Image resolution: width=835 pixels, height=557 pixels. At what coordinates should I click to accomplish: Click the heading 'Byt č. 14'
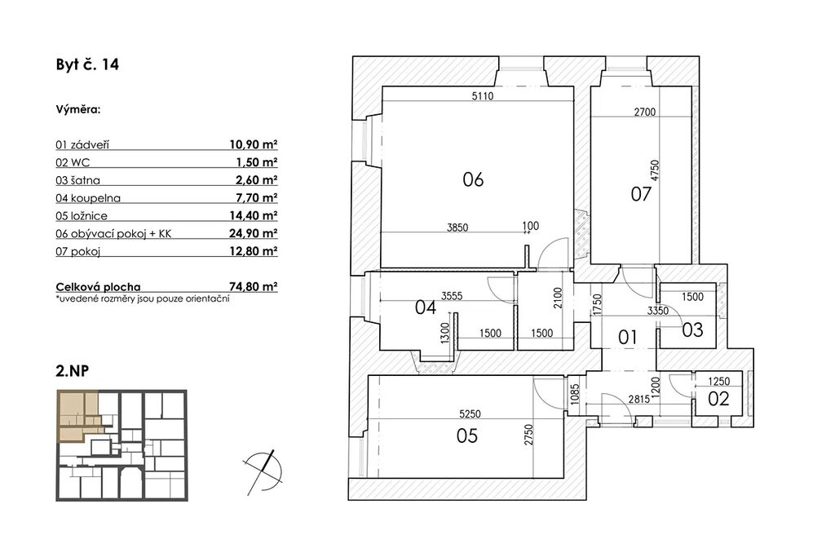87,65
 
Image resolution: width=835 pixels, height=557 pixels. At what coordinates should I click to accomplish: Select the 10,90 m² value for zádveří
254,144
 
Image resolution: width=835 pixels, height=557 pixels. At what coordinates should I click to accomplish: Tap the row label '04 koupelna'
88,198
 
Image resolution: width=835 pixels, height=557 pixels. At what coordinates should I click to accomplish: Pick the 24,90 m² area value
254,233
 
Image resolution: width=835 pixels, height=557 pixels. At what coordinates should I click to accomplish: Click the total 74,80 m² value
254,286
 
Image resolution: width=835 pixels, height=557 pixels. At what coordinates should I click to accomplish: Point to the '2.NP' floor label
72,370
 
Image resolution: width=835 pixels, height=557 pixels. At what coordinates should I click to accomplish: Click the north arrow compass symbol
263,472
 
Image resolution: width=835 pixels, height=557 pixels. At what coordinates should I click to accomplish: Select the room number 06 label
473,179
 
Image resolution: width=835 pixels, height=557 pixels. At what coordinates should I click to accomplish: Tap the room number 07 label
641,194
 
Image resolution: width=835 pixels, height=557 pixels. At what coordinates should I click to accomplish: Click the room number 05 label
467,436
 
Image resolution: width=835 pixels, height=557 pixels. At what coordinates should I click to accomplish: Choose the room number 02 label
718,398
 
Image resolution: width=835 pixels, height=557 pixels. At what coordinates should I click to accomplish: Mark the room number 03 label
693,330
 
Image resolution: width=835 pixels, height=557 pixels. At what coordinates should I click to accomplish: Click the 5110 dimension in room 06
483,96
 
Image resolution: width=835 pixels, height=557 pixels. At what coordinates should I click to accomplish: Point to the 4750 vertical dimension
655,171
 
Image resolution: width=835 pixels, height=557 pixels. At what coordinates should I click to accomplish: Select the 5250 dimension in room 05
470,413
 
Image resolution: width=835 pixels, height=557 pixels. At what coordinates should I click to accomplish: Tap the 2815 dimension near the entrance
638,399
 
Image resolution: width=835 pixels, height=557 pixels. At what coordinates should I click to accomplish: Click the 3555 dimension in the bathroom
452,297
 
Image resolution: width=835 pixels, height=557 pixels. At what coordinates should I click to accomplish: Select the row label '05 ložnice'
82,215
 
